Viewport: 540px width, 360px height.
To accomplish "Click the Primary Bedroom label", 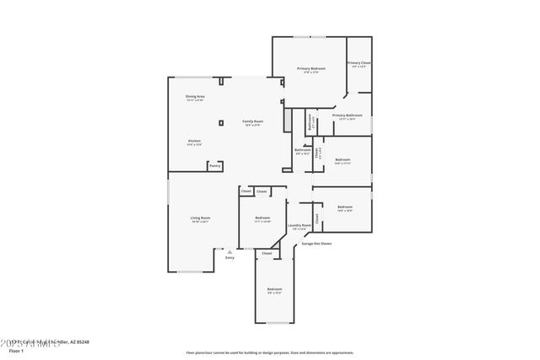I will point(310,68).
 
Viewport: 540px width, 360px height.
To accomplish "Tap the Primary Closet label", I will point(359,63).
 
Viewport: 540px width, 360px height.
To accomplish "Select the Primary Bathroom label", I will point(347,116).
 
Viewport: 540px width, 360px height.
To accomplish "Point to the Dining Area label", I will point(195,97).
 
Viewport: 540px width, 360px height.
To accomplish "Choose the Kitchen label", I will point(194,141).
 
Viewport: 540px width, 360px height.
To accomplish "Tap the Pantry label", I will point(215,166).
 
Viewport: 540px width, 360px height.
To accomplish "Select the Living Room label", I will point(200,218).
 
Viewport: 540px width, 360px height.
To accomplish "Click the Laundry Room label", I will point(299,225).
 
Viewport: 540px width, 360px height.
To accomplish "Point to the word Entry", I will point(229,257).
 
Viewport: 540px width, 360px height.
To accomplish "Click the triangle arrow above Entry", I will point(229,251).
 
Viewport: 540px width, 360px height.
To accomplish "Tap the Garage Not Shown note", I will point(316,244).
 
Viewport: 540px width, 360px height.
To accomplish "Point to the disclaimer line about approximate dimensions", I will point(269,352).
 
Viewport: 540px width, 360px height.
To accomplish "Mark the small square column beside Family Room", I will point(221,123).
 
